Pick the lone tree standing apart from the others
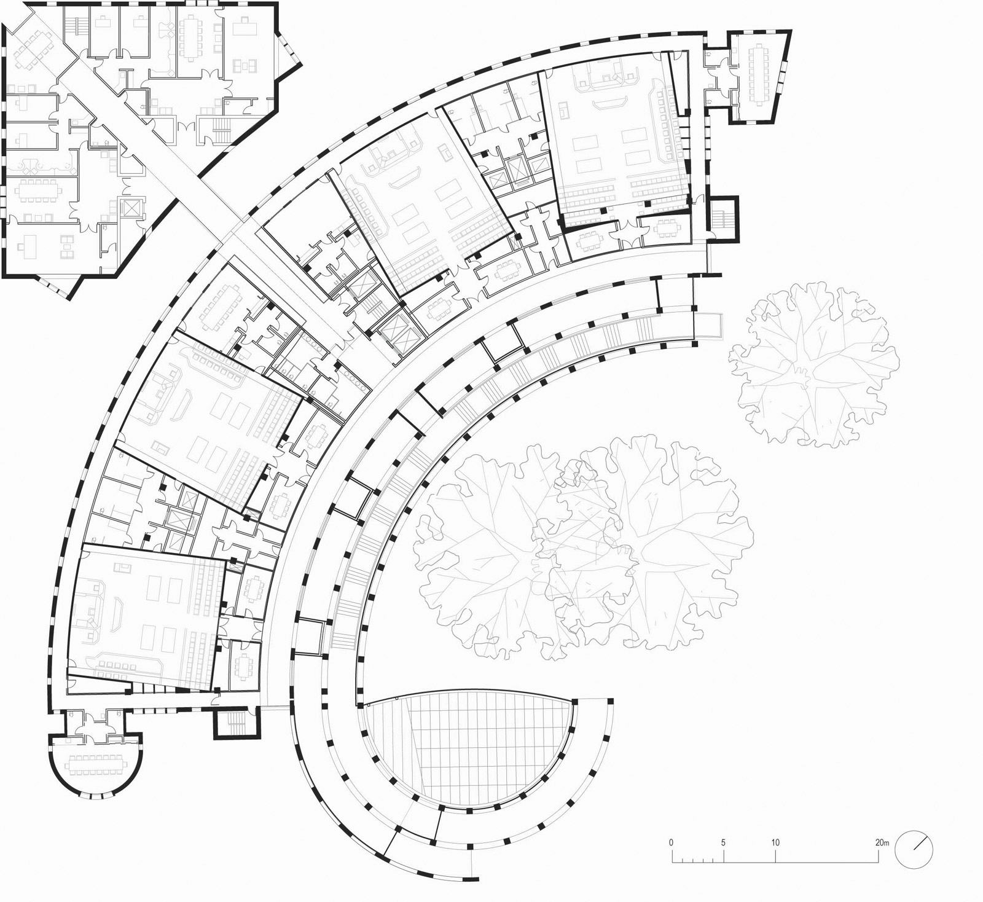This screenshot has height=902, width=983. point(811,363)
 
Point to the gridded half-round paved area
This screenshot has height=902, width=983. point(467,743)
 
